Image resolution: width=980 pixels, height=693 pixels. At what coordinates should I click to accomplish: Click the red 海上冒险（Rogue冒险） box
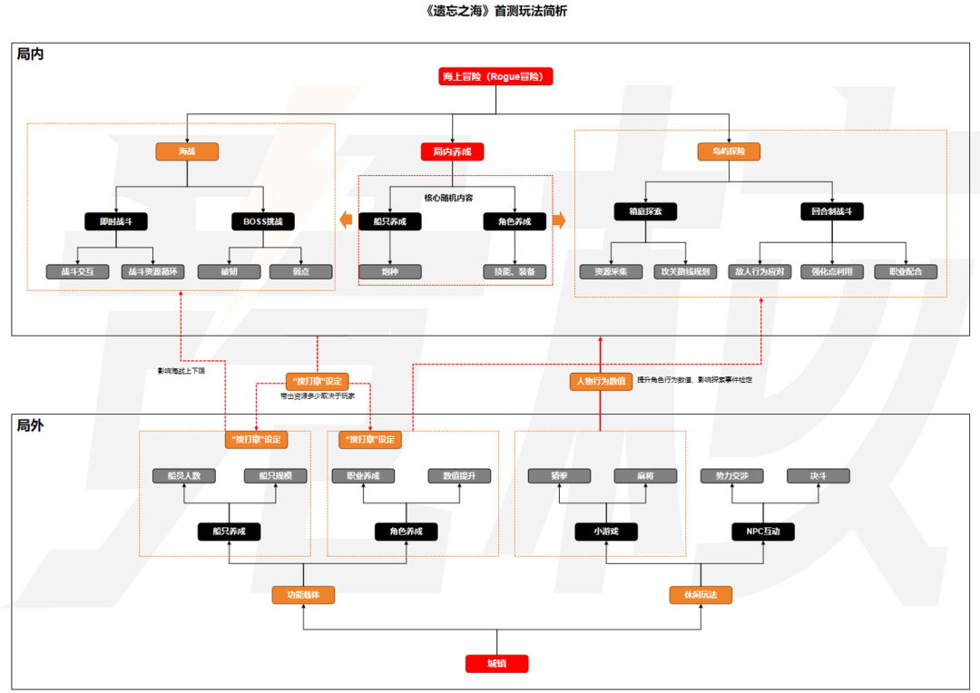point(495,76)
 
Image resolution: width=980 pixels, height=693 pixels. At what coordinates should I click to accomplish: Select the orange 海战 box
point(186,152)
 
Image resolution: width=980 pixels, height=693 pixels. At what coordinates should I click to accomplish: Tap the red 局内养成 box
point(452,152)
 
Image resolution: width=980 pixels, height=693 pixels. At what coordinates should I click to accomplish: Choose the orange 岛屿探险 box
point(729,152)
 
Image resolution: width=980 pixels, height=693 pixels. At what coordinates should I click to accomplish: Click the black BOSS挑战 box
point(263,220)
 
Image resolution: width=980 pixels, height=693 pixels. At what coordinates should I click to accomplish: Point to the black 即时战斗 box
point(116,220)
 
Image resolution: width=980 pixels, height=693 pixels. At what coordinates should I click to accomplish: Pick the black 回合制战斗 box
point(832,211)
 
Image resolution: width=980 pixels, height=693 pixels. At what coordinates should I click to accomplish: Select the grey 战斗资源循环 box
point(153,271)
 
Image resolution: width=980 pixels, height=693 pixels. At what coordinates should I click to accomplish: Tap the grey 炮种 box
point(389,271)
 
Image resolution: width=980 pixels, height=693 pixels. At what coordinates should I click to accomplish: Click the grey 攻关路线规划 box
point(686,271)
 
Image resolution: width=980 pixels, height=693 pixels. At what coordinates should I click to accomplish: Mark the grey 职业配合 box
point(906,271)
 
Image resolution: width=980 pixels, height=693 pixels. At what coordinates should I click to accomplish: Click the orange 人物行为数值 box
point(601,381)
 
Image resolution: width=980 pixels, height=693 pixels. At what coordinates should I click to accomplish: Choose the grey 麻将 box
point(645,476)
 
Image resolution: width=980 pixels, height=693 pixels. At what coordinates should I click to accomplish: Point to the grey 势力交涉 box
point(732,476)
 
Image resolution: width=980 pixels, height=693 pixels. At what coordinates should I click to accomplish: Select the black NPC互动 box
point(763,532)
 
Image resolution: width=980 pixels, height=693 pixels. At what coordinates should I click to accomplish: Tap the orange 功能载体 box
point(303,595)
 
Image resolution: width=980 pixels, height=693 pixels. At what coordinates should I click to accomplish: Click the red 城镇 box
point(496,664)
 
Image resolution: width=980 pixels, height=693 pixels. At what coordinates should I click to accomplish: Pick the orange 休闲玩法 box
point(701,595)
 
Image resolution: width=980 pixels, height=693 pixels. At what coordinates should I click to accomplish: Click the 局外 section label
point(30,425)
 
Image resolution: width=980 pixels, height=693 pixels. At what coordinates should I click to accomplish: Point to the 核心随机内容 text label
point(448,198)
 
